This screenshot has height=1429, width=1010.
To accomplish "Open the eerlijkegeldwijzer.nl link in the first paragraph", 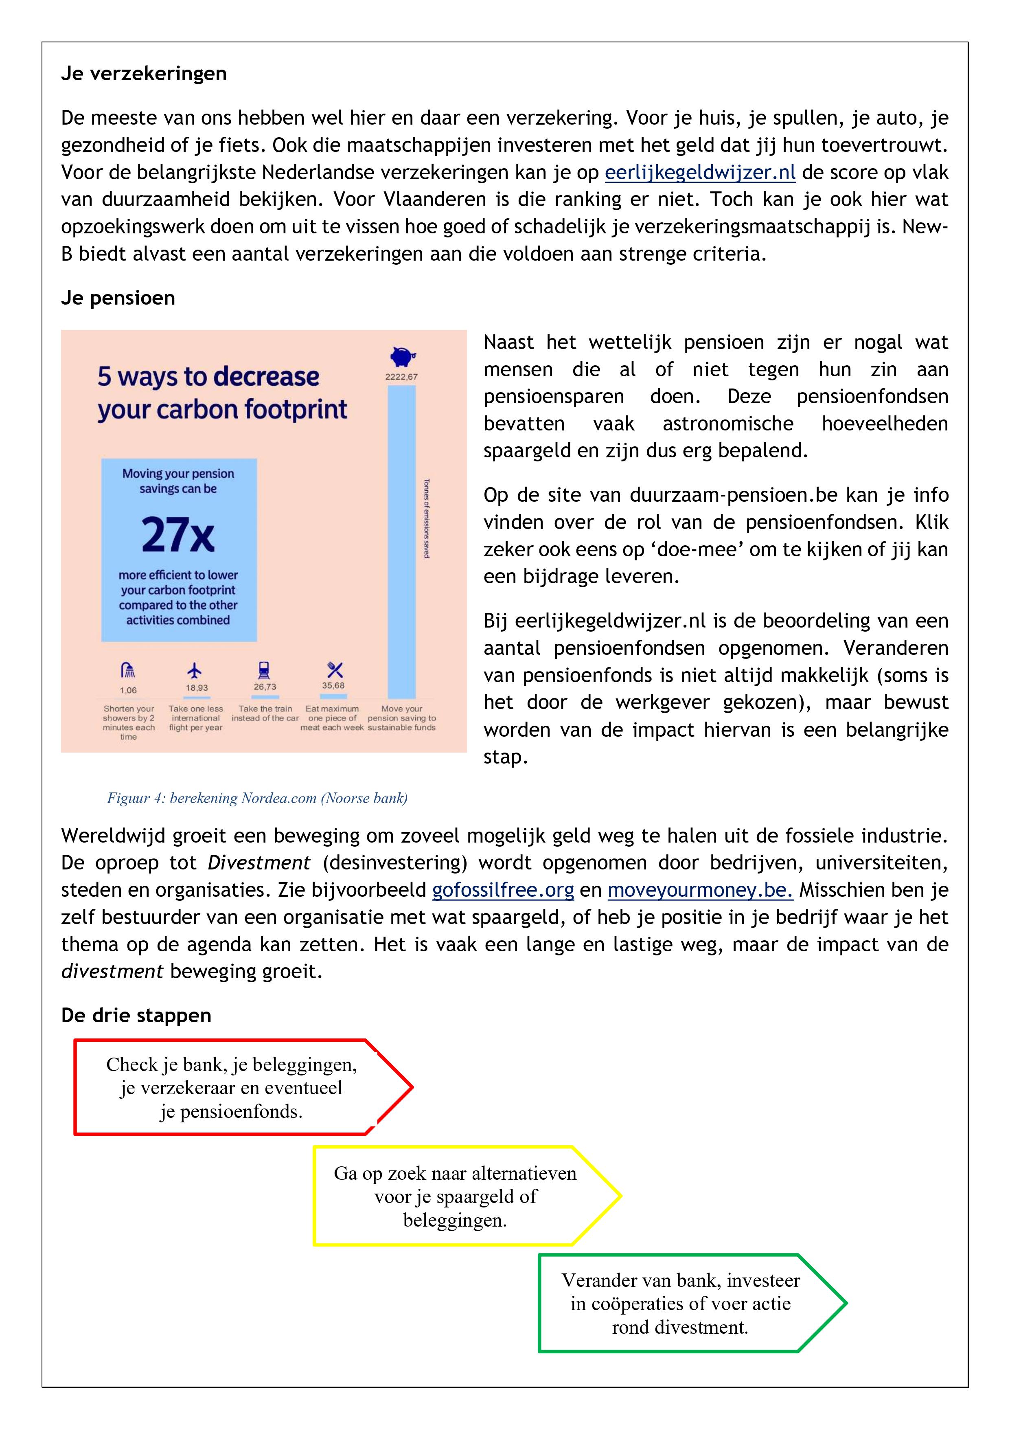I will click(700, 172).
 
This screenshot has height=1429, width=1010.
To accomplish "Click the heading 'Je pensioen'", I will click(118, 298).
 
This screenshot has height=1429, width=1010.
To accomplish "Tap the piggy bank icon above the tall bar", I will click(402, 357).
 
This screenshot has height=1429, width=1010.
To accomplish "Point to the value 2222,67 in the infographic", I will click(401, 377).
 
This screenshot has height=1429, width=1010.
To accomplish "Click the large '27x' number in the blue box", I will click(178, 535).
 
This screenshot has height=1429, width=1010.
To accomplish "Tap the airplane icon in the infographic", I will click(195, 670).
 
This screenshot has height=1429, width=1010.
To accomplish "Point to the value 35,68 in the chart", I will click(333, 685).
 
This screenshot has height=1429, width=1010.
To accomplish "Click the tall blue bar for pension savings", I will click(401, 542).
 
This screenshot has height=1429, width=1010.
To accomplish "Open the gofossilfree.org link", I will click(503, 890).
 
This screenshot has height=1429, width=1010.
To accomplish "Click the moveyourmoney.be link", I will click(700, 890).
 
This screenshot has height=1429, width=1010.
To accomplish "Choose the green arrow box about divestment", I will click(681, 1303).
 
